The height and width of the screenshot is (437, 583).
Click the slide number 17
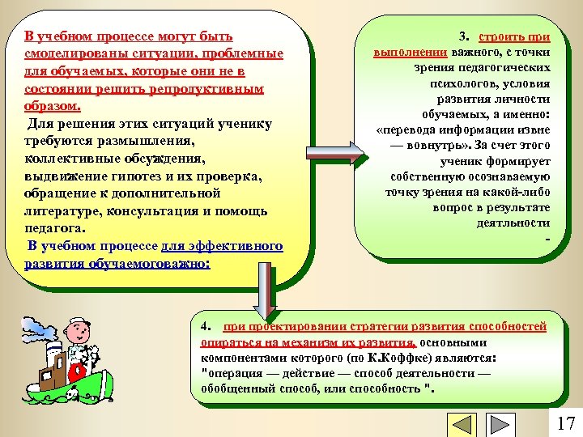point(565,422)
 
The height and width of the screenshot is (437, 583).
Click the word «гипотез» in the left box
point(143,176)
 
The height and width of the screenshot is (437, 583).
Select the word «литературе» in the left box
point(62,211)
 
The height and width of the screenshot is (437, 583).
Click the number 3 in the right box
point(462,37)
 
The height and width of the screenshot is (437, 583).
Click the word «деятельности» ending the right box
point(513,223)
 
